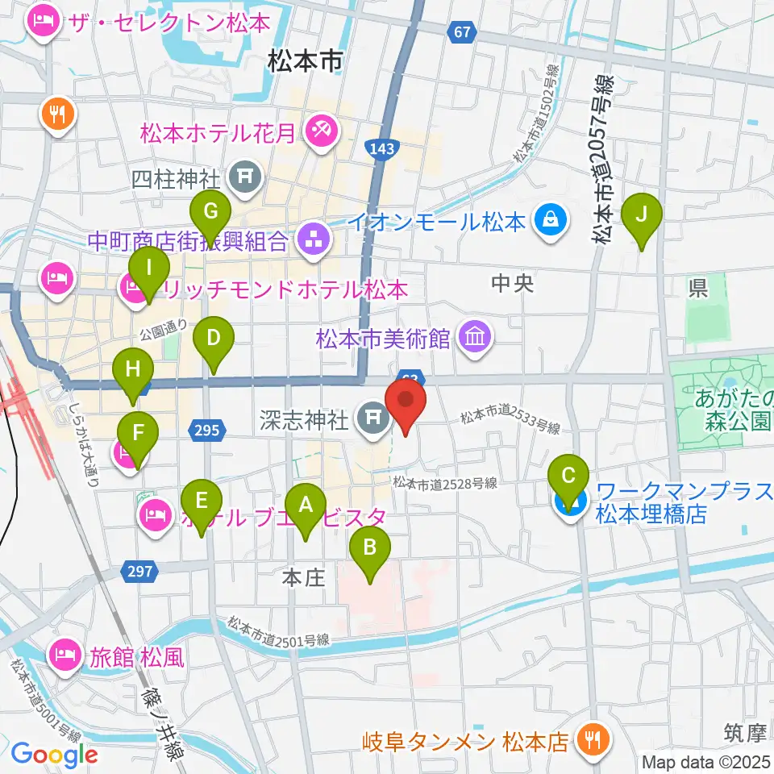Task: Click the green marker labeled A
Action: (x=306, y=506)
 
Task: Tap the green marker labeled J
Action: (x=643, y=216)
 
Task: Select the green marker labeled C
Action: (x=569, y=476)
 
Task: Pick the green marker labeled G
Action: (x=210, y=213)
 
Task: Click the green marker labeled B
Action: (x=370, y=549)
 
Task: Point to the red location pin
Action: (x=406, y=403)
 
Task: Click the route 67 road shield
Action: (x=460, y=32)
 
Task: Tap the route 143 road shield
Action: (x=379, y=148)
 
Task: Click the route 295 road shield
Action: (x=207, y=431)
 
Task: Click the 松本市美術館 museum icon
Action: (x=474, y=339)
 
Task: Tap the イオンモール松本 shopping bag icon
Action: (x=551, y=221)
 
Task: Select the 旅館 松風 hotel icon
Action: (x=65, y=651)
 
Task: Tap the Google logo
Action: (x=56, y=755)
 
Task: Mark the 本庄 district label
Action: (x=303, y=577)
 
